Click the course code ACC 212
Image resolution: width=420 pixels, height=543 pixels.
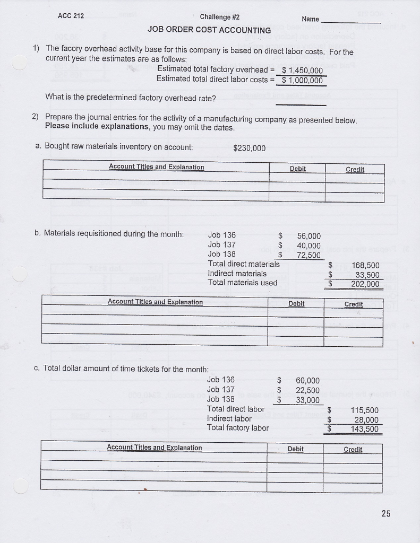point(71,15)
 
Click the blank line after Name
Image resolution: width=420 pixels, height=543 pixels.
point(351,22)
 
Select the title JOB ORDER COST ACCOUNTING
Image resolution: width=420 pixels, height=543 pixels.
point(209,30)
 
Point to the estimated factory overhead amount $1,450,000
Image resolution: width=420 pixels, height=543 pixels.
point(302,71)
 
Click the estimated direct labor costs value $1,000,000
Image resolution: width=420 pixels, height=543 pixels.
point(302,81)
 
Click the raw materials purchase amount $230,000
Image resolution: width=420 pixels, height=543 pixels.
point(249,148)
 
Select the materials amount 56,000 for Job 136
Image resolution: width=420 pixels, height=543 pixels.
point(308,236)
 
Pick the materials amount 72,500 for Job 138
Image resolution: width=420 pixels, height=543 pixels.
point(308,255)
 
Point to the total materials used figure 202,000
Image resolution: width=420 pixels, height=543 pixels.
point(365,284)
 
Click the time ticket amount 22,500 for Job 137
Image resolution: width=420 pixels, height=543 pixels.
point(307,390)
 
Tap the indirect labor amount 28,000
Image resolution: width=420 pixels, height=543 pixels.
point(365,419)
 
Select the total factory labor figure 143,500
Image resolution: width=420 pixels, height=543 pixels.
point(364,429)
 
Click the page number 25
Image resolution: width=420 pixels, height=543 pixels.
point(385,513)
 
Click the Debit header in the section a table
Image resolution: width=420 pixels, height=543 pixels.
point(298,169)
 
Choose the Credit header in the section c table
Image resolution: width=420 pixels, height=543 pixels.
point(353,450)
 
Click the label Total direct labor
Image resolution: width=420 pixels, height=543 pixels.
point(236,409)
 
